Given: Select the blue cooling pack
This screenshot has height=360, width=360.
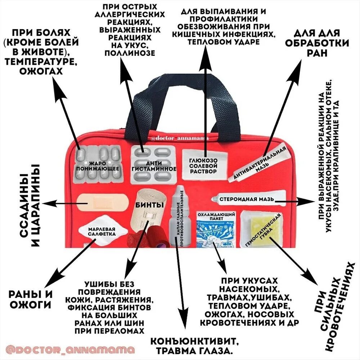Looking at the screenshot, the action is click(x=216, y=230).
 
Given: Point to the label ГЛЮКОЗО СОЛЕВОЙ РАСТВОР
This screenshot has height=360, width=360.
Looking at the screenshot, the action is click(x=204, y=166).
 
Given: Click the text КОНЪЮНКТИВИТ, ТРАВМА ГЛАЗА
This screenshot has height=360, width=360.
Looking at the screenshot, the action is click(x=194, y=345).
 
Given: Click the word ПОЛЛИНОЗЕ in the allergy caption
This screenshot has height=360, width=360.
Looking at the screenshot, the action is click(x=129, y=53).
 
